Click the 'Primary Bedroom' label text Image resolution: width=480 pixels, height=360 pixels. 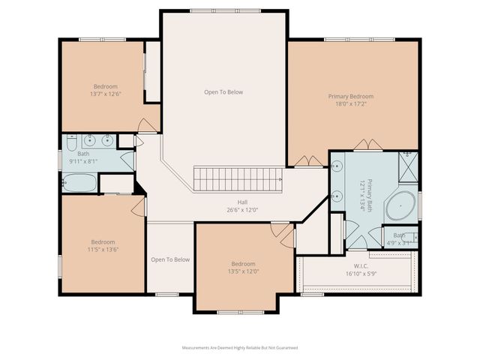(350, 96)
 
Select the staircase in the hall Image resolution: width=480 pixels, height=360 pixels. (238, 179)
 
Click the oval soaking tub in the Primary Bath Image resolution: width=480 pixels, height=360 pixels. (401, 205)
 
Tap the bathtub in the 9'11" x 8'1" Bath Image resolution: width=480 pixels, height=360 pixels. (79, 183)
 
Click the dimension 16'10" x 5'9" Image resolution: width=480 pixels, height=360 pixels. (355, 274)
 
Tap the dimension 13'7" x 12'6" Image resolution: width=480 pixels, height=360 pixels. (105, 94)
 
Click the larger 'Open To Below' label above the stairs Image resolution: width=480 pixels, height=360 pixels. (223, 92)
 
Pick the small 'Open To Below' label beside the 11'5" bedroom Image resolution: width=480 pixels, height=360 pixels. (170, 259)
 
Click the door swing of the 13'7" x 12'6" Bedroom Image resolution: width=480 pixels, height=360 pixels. (148, 125)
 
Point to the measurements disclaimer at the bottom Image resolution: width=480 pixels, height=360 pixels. (240, 348)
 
